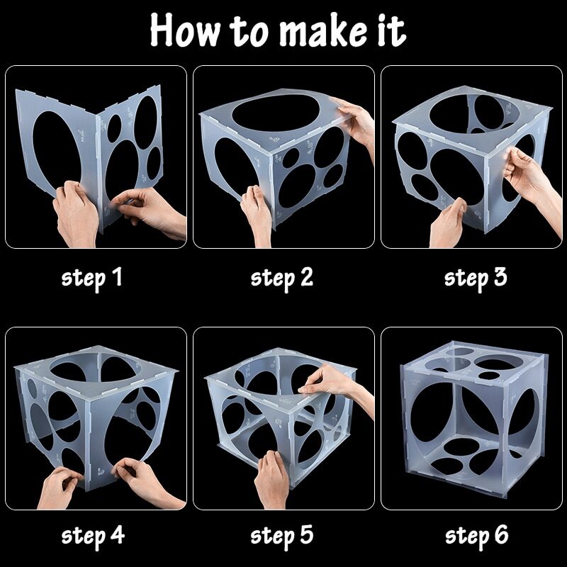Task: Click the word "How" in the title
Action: coord(184,30)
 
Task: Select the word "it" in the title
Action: coord(392,30)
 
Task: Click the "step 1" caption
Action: coord(92,279)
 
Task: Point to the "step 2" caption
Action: coord(282,279)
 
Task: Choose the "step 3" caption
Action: coord(476,279)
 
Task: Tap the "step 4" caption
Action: coord(93,536)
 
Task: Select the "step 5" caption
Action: coord(282,536)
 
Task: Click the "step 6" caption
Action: coord(476,536)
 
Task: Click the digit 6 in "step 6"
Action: coord(501,534)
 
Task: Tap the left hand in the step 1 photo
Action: coord(76,213)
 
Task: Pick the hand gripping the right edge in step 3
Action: coord(532,181)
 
